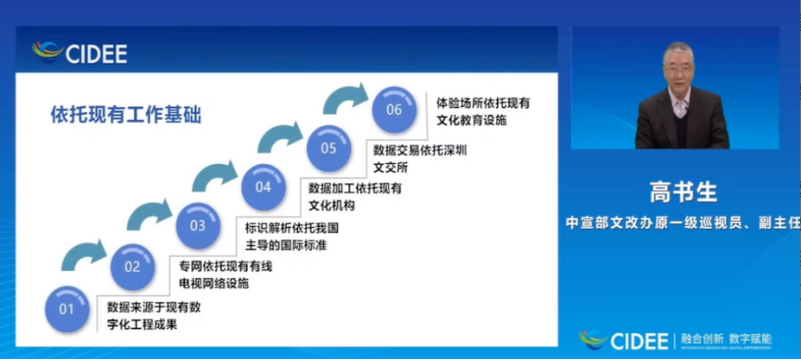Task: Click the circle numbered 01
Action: tap(67, 309)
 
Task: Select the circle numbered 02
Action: tap(132, 267)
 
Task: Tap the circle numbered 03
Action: tap(198, 226)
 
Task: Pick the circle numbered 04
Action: tap(263, 186)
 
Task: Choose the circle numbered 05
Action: tap(329, 148)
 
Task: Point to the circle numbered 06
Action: tap(394, 109)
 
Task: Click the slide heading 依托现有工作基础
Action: tap(125, 114)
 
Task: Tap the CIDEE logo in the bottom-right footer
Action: tap(624, 340)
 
